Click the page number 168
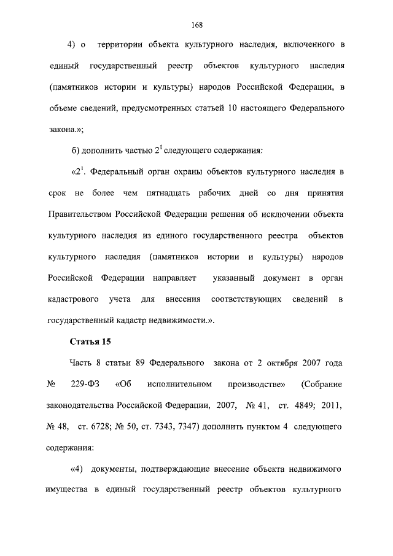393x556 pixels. click(x=196, y=25)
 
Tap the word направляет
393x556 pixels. click(x=174, y=278)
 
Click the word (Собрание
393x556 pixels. click(x=322, y=384)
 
